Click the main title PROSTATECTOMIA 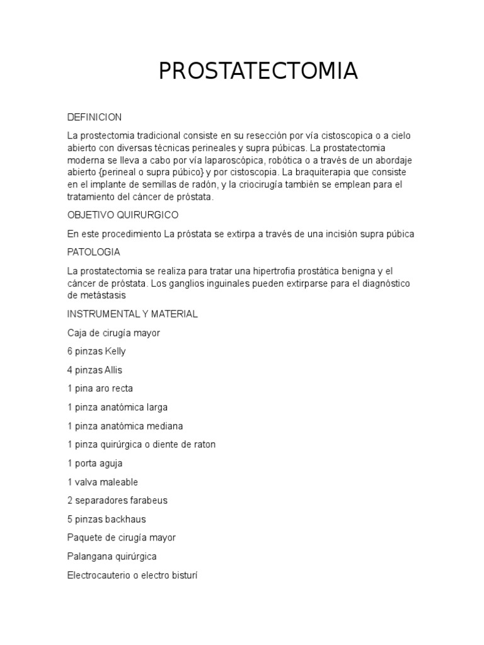(258, 72)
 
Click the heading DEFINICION (95, 117)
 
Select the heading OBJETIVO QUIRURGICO (123, 215)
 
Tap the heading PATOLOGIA (94, 252)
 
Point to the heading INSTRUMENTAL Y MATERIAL (132, 314)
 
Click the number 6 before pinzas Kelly (70, 351)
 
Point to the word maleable (118, 482)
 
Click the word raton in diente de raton (203, 445)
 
